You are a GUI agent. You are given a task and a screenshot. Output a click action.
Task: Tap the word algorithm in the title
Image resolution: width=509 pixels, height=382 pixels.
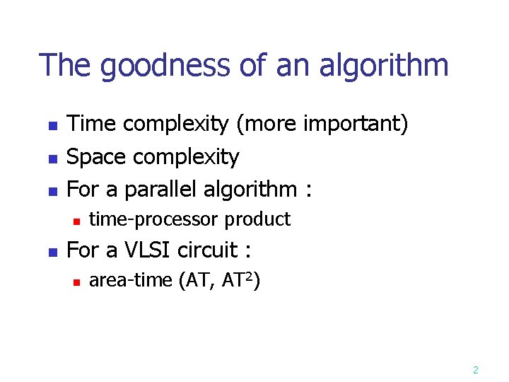[384, 66]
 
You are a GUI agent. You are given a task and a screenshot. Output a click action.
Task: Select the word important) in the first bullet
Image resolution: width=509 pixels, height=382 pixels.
[356, 125]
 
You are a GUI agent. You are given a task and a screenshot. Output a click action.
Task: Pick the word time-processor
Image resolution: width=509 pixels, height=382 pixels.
[154, 220]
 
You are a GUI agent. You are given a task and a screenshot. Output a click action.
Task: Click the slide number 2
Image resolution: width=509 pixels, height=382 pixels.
[475, 369]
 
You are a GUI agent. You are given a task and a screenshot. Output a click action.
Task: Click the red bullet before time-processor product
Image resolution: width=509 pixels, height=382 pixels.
[75, 221]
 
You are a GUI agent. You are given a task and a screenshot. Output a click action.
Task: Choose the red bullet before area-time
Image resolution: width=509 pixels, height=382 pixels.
[75, 282]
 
